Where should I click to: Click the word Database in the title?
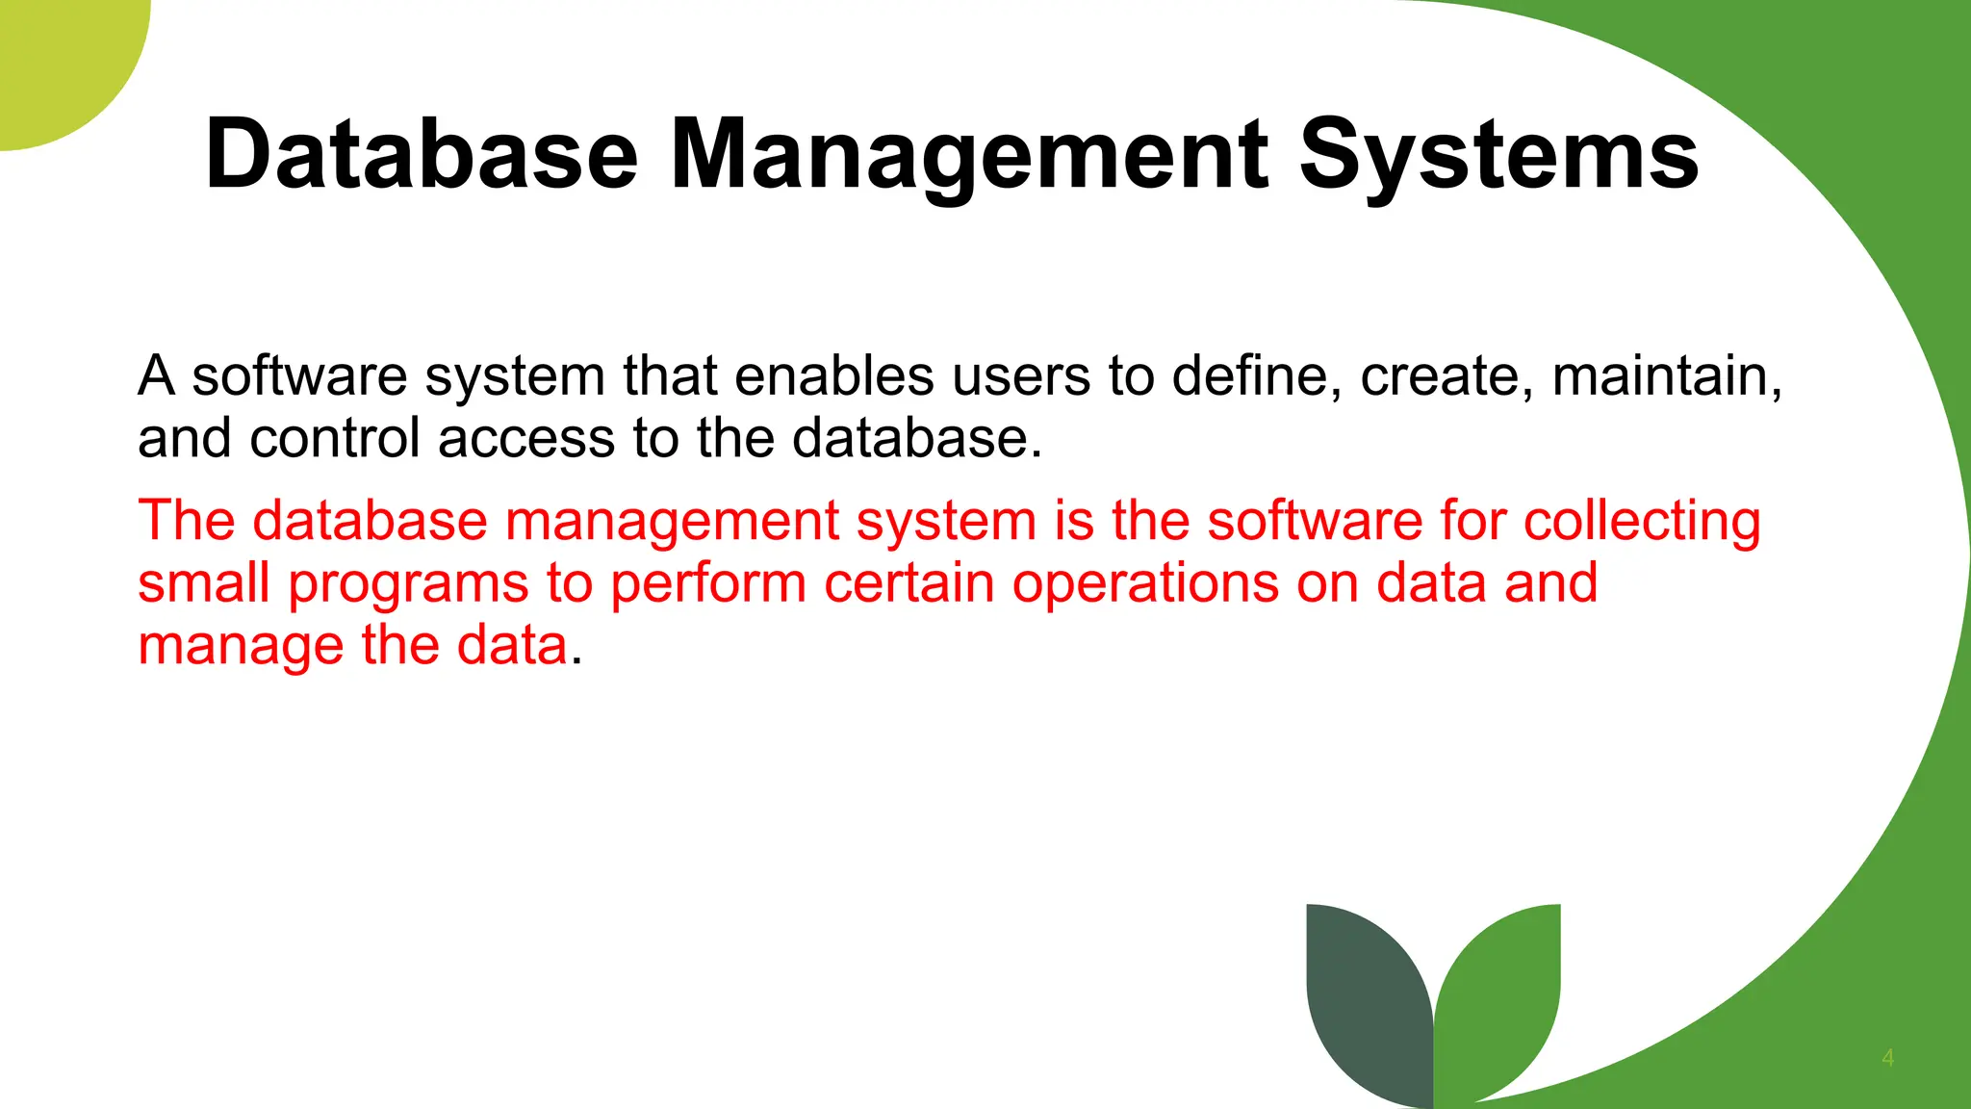click(422, 154)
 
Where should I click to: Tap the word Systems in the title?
click(1498, 154)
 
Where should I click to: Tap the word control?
click(335, 439)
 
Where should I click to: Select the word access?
click(526, 439)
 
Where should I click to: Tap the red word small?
click(203, 583)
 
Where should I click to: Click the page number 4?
click(1887, 1058)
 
